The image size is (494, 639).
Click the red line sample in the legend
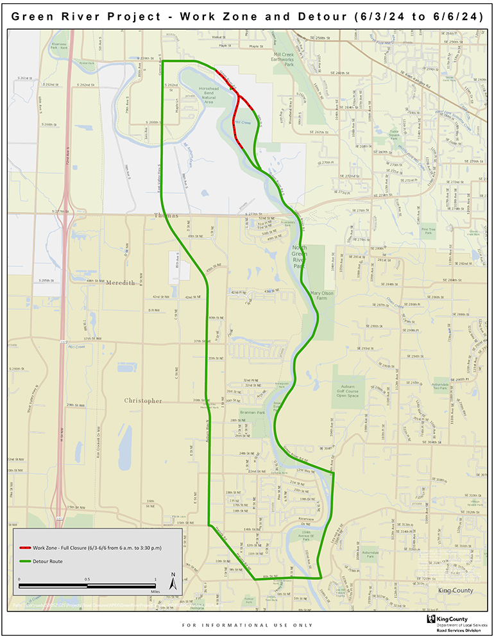pos(25,549)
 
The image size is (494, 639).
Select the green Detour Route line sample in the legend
pos(25,561)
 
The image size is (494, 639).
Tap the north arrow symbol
pos(173,581)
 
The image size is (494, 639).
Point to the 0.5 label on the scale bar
pos(87,579)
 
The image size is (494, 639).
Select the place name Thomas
pos(166,216)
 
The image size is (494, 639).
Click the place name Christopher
pos(143,400)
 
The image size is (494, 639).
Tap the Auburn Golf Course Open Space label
pos(350,391)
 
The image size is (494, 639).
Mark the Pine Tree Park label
pos(427,229)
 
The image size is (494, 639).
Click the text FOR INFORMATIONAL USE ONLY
pos(248,625)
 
